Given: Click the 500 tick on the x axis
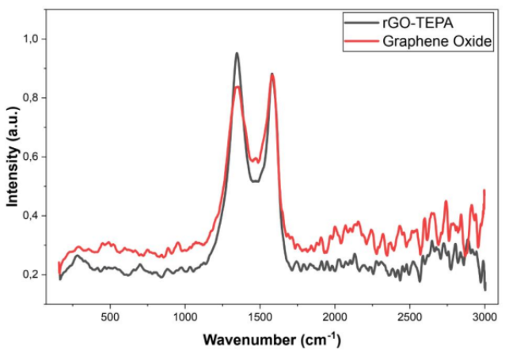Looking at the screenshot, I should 110,316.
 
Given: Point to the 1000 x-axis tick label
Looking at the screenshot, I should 185,316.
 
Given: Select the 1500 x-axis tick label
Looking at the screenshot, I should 260,316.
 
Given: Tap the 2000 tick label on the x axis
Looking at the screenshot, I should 335,316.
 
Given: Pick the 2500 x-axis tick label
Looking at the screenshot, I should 410,316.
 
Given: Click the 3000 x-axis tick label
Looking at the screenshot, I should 484,316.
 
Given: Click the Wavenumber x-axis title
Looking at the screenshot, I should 272,341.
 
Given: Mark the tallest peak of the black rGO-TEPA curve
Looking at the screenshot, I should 237,54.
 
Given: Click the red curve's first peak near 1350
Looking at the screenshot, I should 237,86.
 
